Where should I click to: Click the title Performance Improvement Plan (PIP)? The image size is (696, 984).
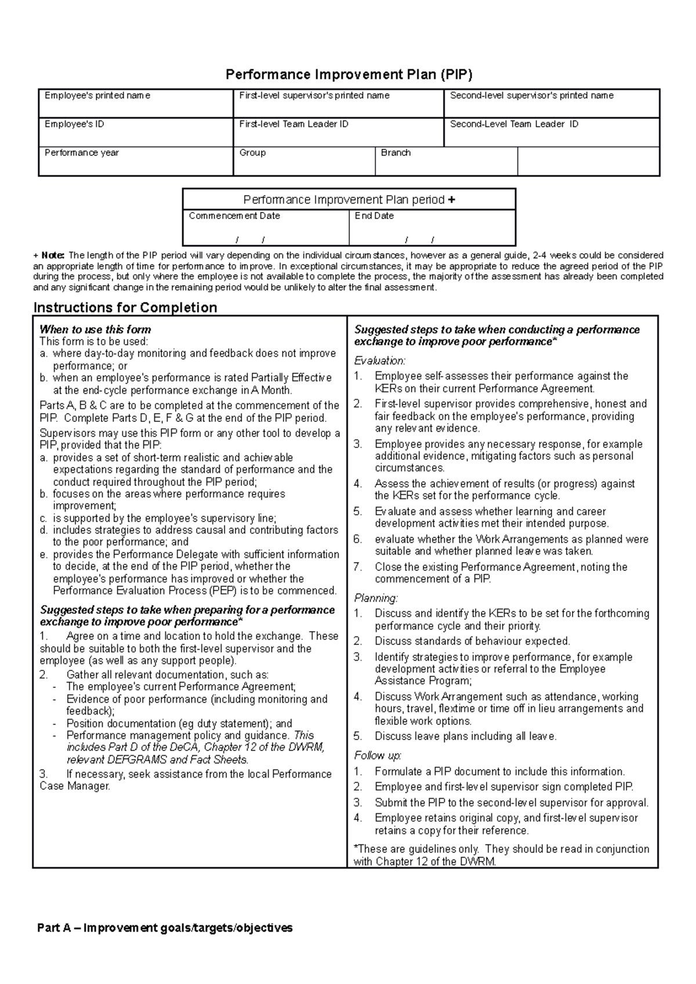point(349,75)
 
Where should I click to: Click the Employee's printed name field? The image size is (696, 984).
point(135,104)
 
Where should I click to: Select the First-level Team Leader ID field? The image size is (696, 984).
point(338,133)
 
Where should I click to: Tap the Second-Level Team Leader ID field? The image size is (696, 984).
point(551,133)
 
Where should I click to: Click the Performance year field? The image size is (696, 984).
point(135,162)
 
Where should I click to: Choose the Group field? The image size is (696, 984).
point(304,162)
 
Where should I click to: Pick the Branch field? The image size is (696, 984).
point(445,162)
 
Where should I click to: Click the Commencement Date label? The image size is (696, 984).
point(234,216)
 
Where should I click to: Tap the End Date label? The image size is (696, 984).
point(374,216)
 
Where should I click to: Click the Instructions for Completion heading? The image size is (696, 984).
point(125,308)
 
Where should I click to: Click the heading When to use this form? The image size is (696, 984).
point(95,330)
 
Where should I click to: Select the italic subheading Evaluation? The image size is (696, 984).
point(380,360)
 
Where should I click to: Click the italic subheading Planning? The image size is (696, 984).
point(376,598)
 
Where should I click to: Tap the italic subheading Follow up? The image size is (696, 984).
point(378,756)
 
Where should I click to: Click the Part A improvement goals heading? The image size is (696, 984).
point(165,928)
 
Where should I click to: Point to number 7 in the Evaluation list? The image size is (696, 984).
point(358,567)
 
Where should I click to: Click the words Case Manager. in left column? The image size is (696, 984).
point(74,786)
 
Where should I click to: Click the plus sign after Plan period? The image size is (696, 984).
point(452,200)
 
